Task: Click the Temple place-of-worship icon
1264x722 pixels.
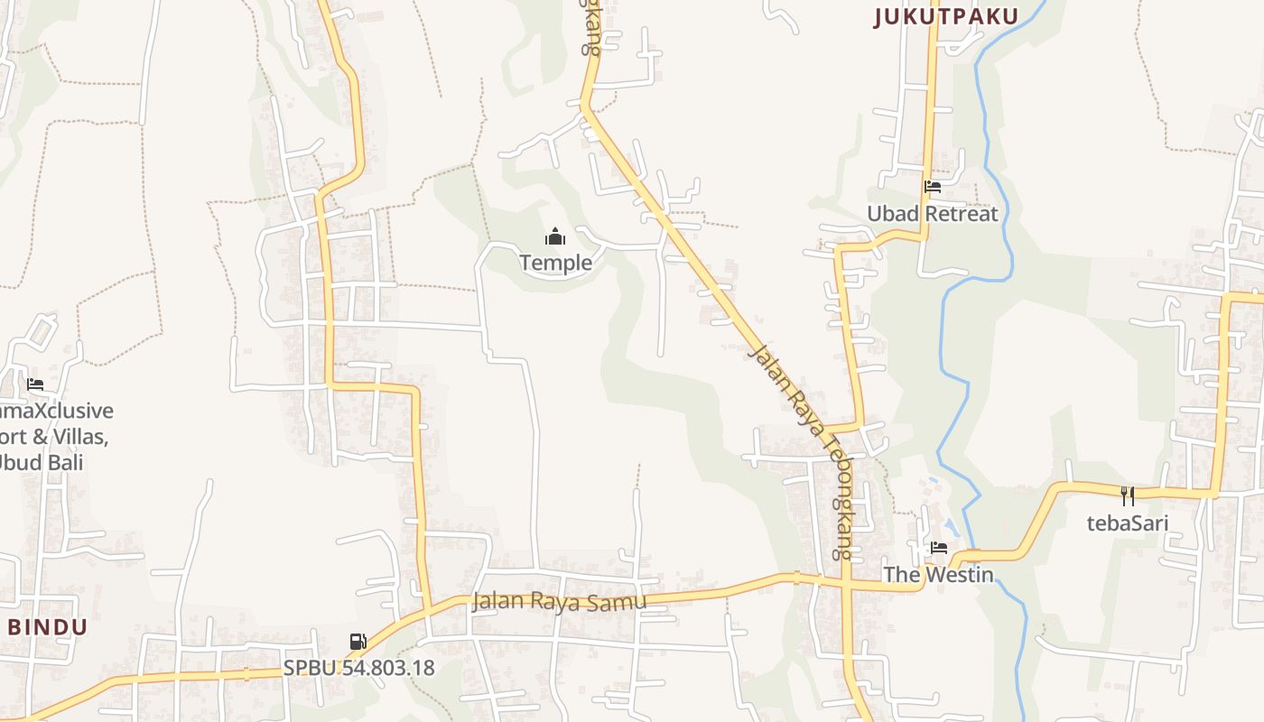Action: [554, 237]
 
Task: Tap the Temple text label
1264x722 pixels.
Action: [555, 263]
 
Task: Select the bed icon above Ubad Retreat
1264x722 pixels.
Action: [933, 187]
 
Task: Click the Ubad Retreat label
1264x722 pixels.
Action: [933, 214]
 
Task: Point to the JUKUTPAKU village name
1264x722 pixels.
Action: [946, 16]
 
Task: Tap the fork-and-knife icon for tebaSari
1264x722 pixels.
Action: [1127, 495]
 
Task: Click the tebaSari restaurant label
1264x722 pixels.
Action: [1128, 523]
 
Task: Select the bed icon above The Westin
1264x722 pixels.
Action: [939, 547]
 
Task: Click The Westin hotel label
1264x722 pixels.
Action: [938, 574]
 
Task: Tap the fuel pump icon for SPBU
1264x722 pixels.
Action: [358, 642]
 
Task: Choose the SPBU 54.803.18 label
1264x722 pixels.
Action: [358, 669]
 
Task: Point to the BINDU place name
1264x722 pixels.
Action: [48, 627]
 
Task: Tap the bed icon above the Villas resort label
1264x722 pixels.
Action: [35, 384]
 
